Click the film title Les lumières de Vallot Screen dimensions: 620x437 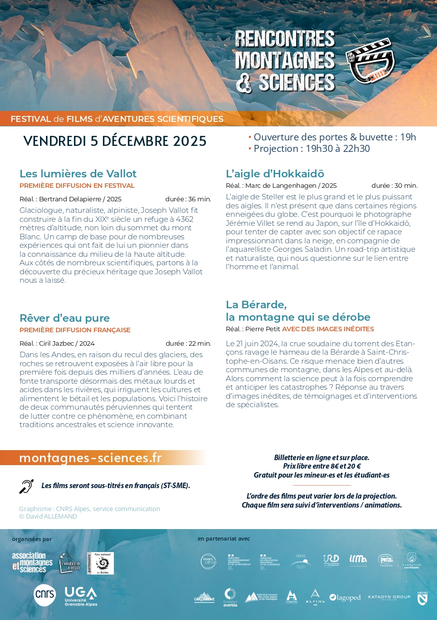[78, 174]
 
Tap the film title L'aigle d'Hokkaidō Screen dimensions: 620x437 [275, 174]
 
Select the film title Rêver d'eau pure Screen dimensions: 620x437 [64, 318]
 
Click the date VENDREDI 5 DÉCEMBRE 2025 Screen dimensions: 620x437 [115, 141]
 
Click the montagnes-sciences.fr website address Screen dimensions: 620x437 [90, 458]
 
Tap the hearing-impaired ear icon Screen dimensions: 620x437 [26, 486]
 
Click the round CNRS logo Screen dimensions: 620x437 [45, 595]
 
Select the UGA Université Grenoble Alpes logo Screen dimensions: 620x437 [81, 596]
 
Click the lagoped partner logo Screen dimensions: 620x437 [345, 598]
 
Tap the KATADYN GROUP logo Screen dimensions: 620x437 [389, 597]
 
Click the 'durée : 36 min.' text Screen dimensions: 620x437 [188, 199]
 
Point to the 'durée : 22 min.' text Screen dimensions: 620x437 [188, 343]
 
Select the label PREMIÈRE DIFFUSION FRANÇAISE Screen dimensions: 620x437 [75, 330]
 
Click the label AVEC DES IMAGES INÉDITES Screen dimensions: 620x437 [328, 329]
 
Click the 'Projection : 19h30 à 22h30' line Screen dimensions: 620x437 [312, 148]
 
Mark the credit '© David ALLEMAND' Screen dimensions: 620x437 [48, 516]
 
